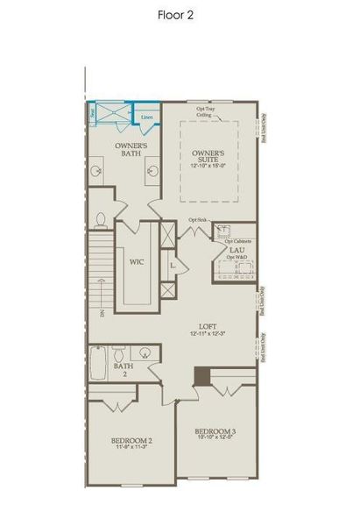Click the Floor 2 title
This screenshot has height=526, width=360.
click(x=179, y=15)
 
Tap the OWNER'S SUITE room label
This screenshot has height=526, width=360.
click(x=210, y=156)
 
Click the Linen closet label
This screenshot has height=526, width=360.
click(x=146, y=116)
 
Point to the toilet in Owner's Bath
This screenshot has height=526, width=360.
click(x=101, y=218)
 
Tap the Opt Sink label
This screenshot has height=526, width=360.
click(x=197, y=220)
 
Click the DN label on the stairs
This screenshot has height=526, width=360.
click(x=102, y=312)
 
